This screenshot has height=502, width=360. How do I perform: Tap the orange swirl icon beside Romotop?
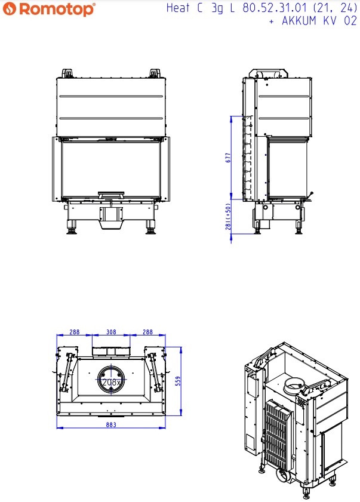pos(10,10)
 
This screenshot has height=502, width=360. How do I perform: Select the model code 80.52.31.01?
pos(268,8)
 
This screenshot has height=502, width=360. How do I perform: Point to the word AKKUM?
pos(297,21)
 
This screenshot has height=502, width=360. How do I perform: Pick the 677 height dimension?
pos(228,158)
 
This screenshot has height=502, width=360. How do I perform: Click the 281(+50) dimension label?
pos(228,221)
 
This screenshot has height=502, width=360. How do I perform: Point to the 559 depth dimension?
pos(177,381)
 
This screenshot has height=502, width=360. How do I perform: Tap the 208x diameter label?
pos(111,382)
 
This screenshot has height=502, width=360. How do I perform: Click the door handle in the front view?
pos(111,193)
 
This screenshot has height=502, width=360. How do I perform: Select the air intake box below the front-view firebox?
pos(111,217)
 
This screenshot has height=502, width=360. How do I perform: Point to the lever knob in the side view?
pos(310,193)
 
